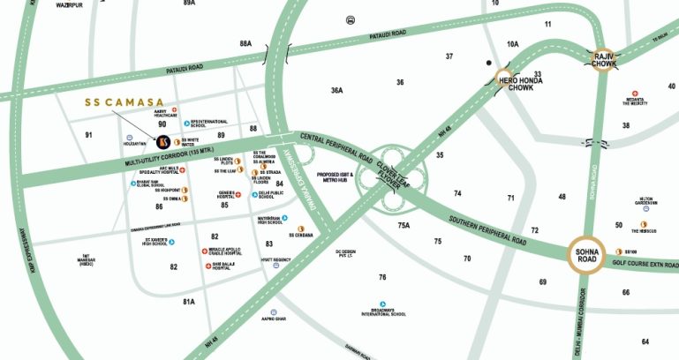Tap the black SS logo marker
click(x=162, y=140)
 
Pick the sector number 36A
click(x=336, y=90)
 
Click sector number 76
click(x=382, y=277)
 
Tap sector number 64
click(x=645, y=341)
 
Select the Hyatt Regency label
click(x=277, y=259)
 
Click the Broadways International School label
click(x=384, y=311)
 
